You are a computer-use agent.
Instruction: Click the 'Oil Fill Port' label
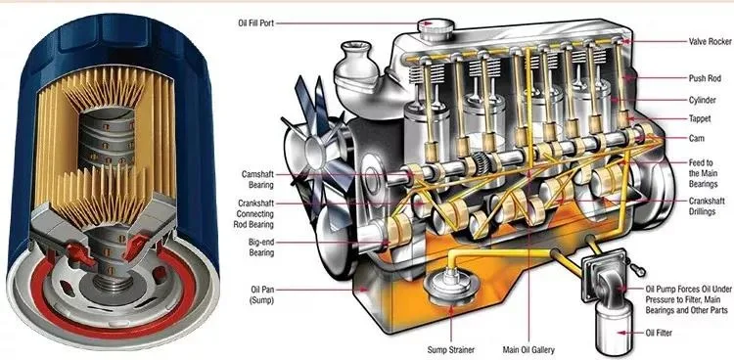(255, 22)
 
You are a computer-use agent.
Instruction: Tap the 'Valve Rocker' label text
(710, 42)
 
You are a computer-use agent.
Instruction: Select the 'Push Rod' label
(705, 78)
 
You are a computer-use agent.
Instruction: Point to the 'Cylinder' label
(702, 100)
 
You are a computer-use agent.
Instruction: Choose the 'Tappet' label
(700, 119)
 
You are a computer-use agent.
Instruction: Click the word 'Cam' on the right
(696, 139)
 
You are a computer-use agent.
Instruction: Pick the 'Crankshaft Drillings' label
(707, 206)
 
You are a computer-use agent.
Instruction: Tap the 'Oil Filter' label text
(659, 334)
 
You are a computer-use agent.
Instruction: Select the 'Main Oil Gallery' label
(528, 349)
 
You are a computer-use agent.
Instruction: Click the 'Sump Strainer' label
(451, 349)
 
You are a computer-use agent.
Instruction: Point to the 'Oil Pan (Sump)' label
(261, 294)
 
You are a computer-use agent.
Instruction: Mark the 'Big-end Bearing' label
(261, 247)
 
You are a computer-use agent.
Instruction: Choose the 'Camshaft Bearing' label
(257, 179)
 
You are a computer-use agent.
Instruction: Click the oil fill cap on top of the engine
(436, 29)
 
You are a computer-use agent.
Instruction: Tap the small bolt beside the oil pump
(638, 270)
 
